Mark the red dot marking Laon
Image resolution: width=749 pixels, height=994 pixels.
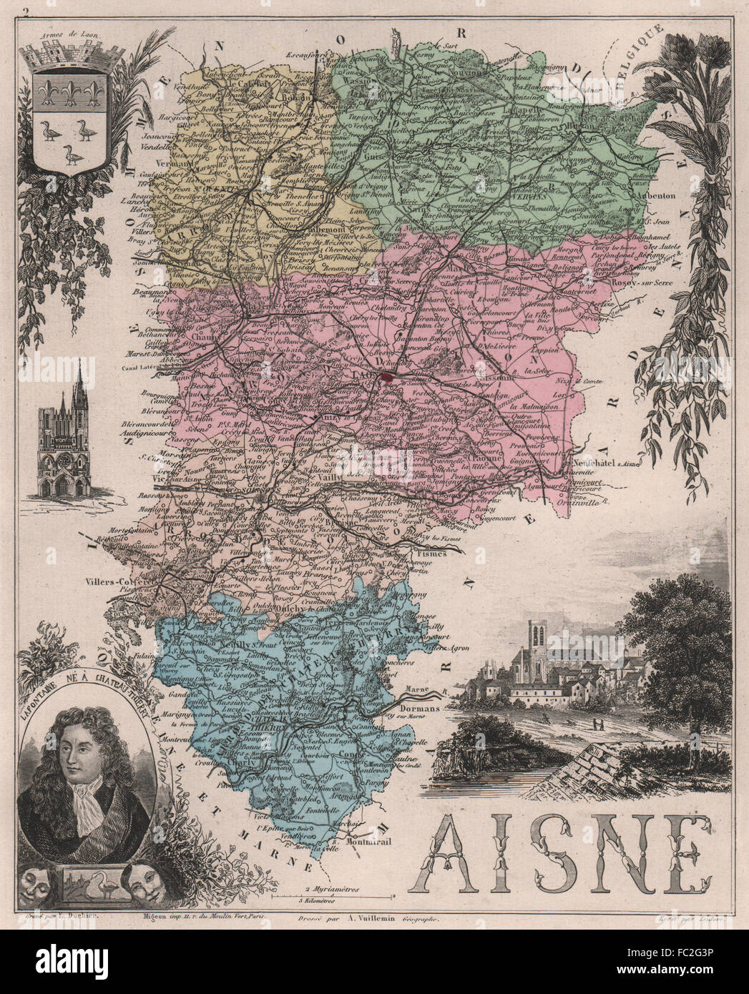click(388, 374)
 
